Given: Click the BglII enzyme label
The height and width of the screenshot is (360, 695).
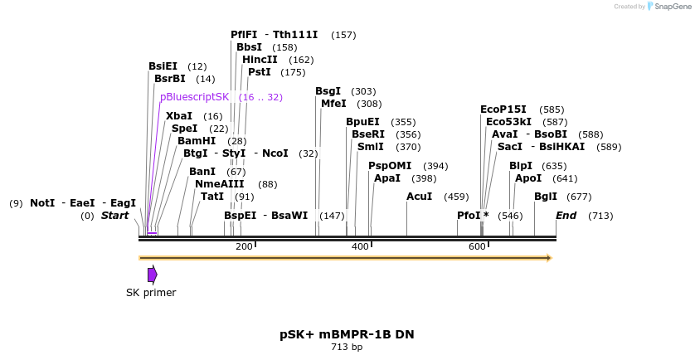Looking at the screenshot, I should (546, 197).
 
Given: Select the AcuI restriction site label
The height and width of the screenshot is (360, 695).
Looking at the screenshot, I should (419, 197).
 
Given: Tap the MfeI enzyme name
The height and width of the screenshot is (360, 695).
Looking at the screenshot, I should (333, 104).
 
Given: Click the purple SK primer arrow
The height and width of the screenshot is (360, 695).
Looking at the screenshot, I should (152, 275).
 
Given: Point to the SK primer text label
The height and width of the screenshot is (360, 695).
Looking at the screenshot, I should (151, 292).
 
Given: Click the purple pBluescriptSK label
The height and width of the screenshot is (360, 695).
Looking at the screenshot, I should (194, 97).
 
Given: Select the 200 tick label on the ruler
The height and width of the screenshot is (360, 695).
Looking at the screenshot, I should (244, 246).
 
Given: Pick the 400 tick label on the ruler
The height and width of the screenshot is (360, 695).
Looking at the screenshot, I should (360, 246).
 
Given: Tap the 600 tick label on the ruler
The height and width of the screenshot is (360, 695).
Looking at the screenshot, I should (477, 246).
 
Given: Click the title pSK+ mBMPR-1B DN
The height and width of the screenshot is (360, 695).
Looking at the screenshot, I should (347, 334).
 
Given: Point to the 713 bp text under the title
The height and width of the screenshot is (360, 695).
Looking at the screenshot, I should (347, 348).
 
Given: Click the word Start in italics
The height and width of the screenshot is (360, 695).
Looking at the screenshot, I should (114, 216).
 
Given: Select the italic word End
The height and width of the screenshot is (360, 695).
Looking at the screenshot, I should (566, 216).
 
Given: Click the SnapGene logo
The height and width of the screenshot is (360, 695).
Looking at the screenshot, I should (669, 7).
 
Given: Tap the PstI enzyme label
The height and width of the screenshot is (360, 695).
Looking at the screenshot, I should (260, 72).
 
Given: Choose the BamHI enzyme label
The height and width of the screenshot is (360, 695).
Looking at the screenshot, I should (197, 141).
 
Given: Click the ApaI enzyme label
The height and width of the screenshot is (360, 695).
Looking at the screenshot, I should (387, 178).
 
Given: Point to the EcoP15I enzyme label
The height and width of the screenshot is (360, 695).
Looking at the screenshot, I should (503, 109).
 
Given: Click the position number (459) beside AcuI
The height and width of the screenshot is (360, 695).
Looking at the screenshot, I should (456, 197).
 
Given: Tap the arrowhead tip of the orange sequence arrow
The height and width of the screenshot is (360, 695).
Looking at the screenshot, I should (551, 258).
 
